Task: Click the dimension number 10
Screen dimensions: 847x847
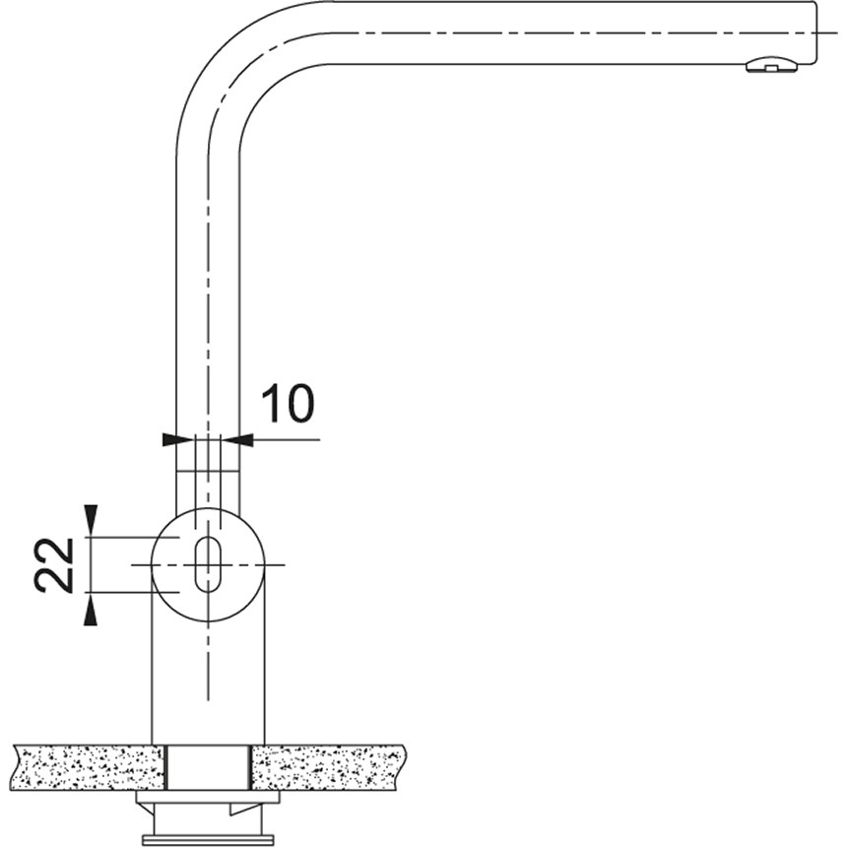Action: tap(287, 404)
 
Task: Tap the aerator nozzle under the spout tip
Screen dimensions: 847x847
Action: tap(770, 66)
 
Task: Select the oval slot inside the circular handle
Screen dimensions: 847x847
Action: tap(207, 564)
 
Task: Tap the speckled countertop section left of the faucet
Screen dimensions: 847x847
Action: tap(89, 766)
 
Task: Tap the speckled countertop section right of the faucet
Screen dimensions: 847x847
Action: tap(330, 766)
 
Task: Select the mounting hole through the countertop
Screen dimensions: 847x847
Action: tap(208, 766)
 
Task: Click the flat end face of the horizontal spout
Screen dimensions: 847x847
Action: tap(816, 32)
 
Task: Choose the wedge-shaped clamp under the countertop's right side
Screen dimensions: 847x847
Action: tap(246, 808)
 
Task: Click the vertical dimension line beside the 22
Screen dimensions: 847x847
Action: tap(91, 564)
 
